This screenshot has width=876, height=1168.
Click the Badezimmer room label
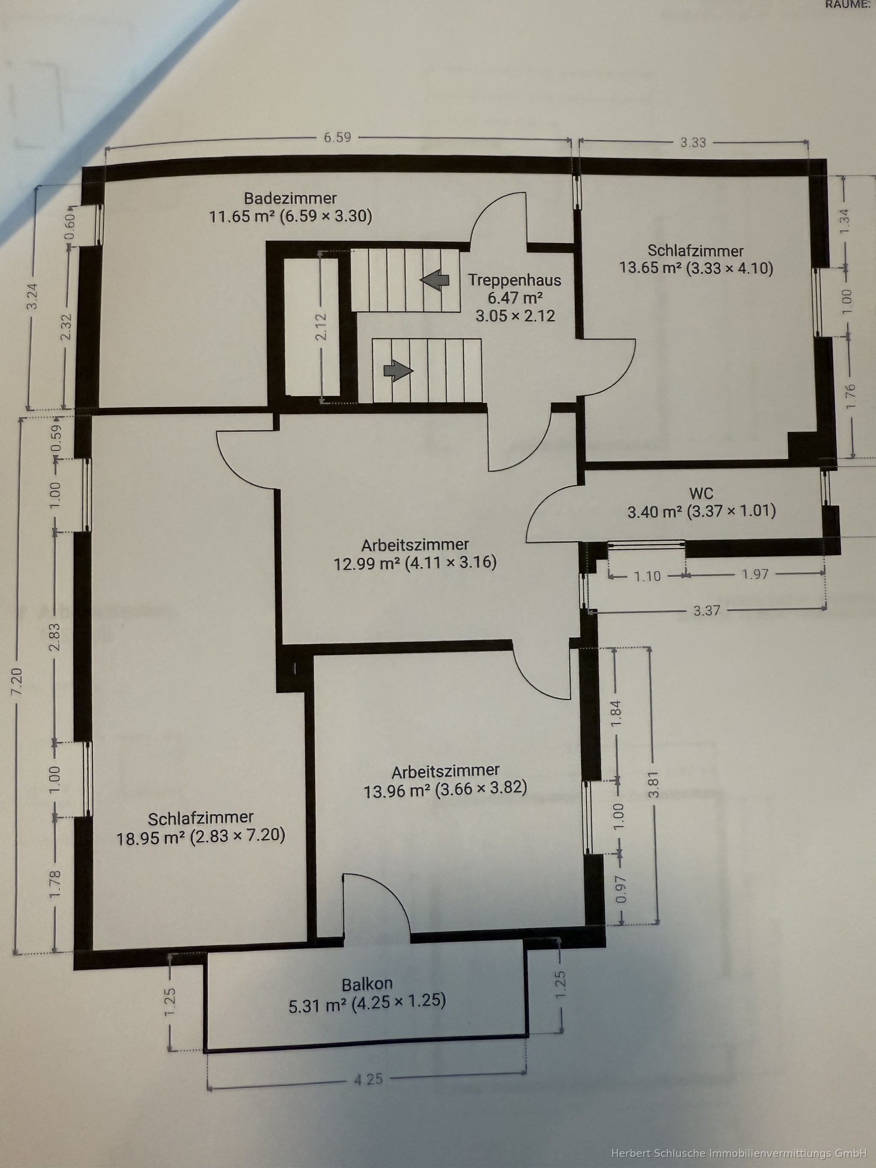coord(290,199)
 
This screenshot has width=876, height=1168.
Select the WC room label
coord(701,493)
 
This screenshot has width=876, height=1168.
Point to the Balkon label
coord(367,984)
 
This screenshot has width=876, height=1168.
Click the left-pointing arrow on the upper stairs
coord(435,279)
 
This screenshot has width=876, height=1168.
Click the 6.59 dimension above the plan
coord(337,137)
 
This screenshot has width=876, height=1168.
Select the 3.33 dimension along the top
coord(693,142)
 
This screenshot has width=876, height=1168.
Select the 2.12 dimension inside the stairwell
coord(322,327)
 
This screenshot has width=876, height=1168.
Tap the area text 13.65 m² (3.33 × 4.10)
coord(696,268)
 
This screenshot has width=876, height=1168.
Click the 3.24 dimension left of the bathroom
coord(33,298)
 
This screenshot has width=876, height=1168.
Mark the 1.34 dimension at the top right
coord(845,223)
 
